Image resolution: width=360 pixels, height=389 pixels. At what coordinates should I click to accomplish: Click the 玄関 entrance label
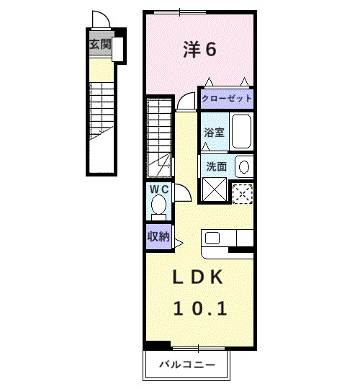(100, 45)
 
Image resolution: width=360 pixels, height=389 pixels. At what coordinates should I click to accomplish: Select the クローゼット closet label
(227, 99)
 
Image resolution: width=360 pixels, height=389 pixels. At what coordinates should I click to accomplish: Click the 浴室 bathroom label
(214, 133)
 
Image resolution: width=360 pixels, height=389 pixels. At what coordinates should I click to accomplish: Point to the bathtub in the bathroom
(241, 132)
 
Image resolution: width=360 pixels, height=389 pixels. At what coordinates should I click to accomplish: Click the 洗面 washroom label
(216, 166)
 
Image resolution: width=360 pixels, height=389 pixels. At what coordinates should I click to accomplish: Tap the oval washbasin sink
(244, 166)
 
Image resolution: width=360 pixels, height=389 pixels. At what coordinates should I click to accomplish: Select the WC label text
(158, 189)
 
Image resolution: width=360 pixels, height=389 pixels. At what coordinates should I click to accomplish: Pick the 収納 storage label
(158, 237)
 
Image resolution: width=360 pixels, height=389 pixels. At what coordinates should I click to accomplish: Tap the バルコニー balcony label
(188, 365)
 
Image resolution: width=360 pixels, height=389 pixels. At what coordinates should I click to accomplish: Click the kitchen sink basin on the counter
(214, 238)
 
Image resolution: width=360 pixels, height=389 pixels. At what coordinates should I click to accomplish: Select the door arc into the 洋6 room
(186, 100)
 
